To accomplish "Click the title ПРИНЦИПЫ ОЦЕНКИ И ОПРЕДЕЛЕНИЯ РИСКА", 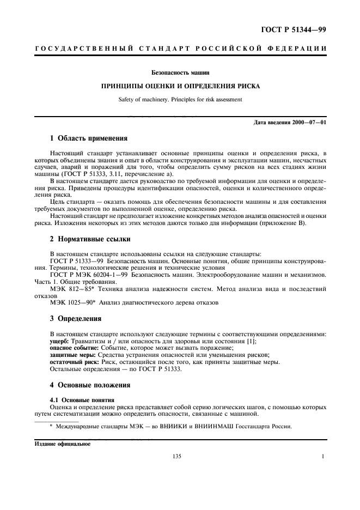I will pyautogui.click(x=180, y=86).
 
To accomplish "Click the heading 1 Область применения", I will pyautogui.click(x=89, y=138).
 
